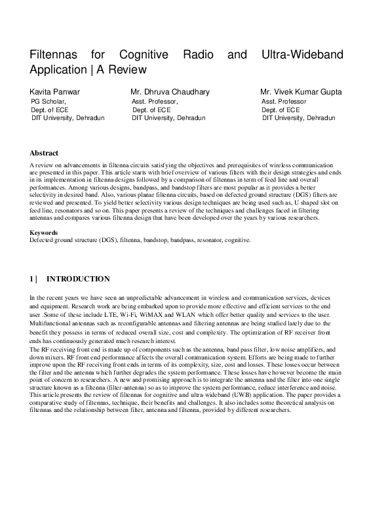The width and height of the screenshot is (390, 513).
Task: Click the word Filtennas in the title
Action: click(56, 54)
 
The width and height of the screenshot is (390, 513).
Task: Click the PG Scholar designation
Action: click(49, 102)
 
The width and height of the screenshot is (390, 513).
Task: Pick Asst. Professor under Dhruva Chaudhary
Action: click(155, 102)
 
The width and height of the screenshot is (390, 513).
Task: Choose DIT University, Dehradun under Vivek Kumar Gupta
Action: click(298, 118)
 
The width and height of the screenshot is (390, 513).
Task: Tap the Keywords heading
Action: click(44, 233)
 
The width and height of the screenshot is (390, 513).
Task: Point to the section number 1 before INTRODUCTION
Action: click(31, 279)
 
